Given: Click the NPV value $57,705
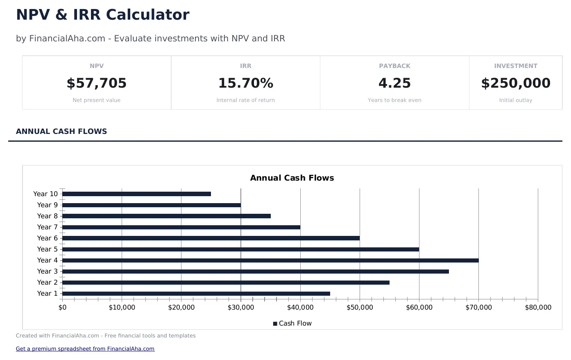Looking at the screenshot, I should pos(97,83).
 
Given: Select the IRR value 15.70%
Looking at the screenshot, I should pos(245,83).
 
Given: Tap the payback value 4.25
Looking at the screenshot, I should pos(394,83).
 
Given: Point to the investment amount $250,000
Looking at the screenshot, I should pos(516,83).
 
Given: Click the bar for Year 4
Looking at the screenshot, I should pos(270,260).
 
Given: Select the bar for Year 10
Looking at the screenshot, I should pos(136,194).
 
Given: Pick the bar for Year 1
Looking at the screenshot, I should pos(196,294).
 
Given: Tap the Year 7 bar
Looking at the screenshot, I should pos(181,227).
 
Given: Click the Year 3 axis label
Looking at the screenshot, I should pos(48,272).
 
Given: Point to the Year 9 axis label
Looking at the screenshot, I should pos(48,205).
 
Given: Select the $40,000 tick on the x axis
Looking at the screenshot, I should pos(300,308).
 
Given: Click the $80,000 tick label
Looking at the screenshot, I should pos(538,308).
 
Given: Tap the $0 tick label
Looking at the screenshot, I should pos(62,308).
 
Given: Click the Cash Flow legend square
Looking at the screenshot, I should pos(275,324).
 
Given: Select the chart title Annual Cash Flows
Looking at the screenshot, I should pos(292,178).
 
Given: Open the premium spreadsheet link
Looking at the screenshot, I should pos(85,349).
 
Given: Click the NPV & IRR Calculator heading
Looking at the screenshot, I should pos(102,15).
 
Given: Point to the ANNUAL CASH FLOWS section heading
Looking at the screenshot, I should pos(61,131).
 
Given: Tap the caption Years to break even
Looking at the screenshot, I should pos(394,100).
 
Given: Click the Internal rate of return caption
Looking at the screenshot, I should pos(245,100).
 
